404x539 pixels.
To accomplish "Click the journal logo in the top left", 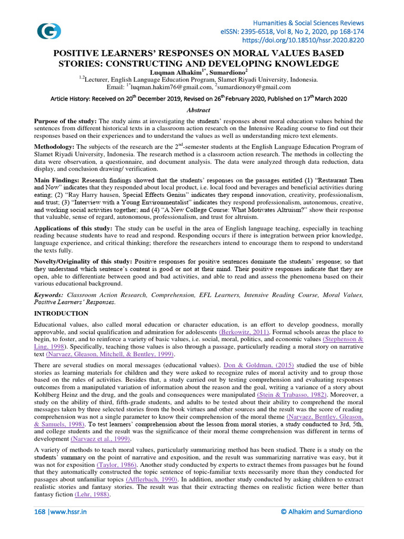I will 48,31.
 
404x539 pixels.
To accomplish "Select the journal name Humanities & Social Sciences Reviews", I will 308,23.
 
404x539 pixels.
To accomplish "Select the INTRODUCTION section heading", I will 61,313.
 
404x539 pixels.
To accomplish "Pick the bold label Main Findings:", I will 57,179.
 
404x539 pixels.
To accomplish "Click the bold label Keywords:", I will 49,295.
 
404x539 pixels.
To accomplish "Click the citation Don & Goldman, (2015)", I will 258,365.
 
